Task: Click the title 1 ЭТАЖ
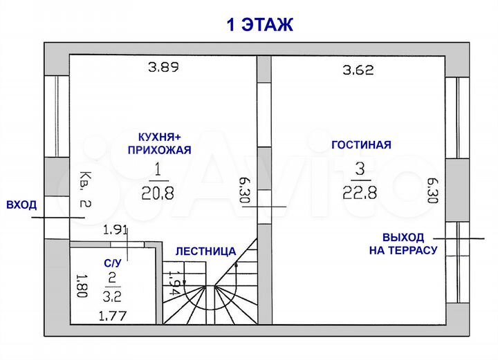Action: click(x=260, y=25)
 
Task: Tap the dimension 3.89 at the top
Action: click(x=163, y=68)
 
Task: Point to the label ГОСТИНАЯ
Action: click(x=361, y=145)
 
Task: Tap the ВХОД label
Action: click(x=20, y=205)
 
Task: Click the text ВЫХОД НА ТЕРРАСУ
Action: click(x=403, y=243)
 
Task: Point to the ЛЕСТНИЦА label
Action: click(x=205, y=251)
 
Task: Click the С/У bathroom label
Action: click(x=113, y=263)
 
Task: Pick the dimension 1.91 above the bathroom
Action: click(x=116, y=230)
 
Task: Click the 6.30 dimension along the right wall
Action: click(x=433, y=190)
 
